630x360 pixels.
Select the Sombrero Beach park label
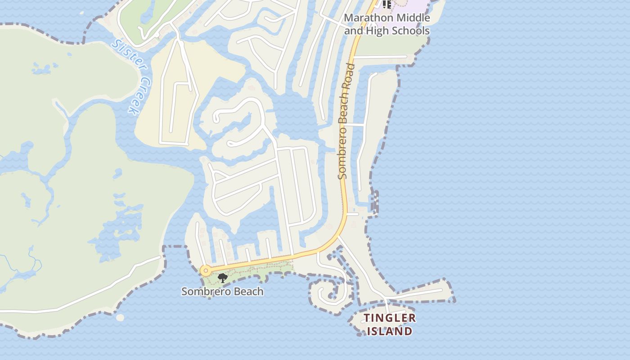coord(222,292)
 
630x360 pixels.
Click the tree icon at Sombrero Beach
coord(222,278)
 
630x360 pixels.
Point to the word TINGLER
coord(390,318)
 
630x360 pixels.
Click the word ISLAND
coord(390,332)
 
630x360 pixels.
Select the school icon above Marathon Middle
coord(387,4)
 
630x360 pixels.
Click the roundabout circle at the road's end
coord(206,270)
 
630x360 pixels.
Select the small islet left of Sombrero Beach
coord(120,318)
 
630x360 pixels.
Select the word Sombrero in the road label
coord(343,155)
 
